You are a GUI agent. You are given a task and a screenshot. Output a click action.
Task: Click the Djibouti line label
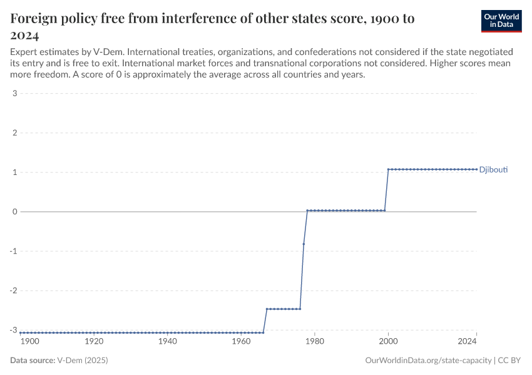[493, 169]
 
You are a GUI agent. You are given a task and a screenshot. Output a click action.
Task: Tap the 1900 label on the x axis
[29, 341]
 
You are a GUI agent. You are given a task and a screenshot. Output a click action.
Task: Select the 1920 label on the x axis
[94, 341]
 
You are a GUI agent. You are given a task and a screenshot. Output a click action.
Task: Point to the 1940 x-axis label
[167, 341]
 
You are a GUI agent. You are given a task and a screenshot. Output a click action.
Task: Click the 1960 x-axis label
[241, 341]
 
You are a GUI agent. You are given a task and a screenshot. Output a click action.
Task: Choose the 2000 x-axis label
[388, 341]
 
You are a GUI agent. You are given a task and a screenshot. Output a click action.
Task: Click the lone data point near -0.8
[304, 244]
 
